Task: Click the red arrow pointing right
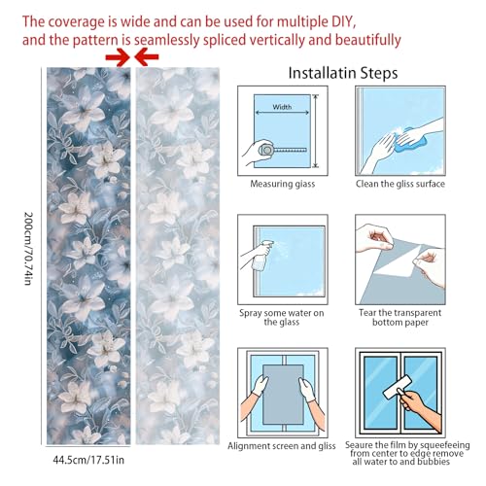click(x=118, y=57)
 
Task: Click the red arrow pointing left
click(x=147, y=57)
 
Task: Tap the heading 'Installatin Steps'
click(x=343, y=73)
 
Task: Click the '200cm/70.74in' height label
click(x=29, y=249)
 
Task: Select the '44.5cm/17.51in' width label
click(x=88, y=460)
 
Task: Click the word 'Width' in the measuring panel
click(x=282, y=107)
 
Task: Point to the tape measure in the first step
click(x=282, y=150)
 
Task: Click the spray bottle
click(x=261, y=256)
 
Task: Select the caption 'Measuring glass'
click(x=283, y=184)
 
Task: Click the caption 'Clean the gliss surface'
click(x=400, y=184)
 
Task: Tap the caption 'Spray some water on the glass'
click(x=282, y=318)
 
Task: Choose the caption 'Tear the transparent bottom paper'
click(x=400, y=318)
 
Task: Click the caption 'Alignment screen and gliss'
click(x=282, y=446)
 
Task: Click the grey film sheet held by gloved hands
click(x=283, y=394)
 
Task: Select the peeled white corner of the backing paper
click(x=400, y=264)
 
